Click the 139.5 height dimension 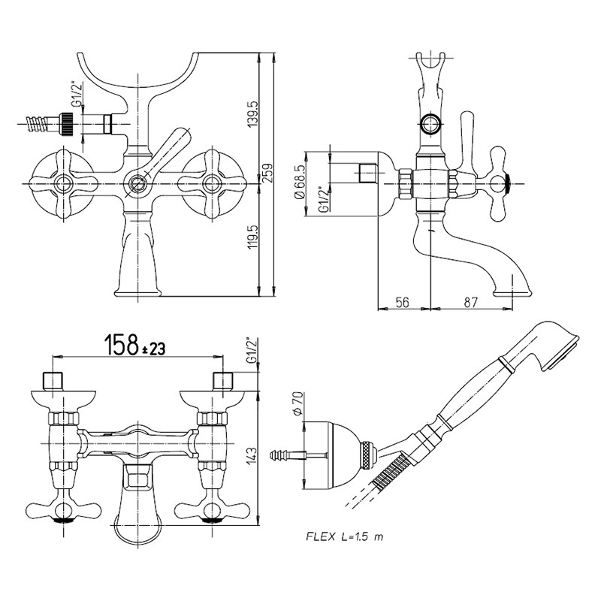[x=253, y=113]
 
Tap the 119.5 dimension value [x=253, y=237]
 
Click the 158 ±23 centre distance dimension [x=134, y=346]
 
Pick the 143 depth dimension [x=251, y=455]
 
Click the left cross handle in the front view [x=60, y=181]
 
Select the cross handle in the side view [x=497, y=178]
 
